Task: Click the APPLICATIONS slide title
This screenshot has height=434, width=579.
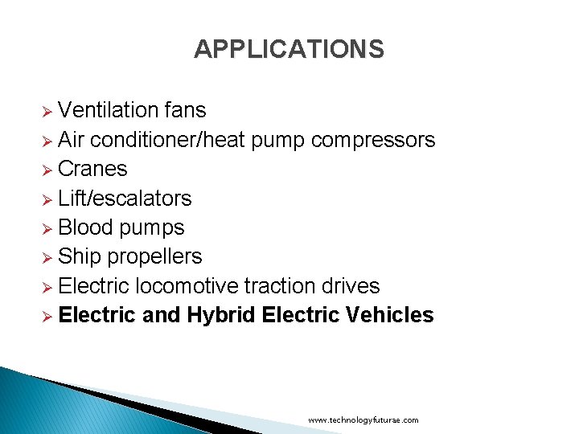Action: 289,50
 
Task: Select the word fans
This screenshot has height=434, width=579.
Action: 186,110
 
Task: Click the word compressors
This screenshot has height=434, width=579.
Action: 373,140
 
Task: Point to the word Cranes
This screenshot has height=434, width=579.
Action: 92,169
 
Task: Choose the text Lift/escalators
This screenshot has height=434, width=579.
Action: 125,199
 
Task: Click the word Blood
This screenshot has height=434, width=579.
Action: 86,227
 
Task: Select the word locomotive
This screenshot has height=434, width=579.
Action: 187,286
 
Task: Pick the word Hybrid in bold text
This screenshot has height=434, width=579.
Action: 221,315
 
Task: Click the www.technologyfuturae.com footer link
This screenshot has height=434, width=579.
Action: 363,420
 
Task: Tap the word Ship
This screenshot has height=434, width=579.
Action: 78,256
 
